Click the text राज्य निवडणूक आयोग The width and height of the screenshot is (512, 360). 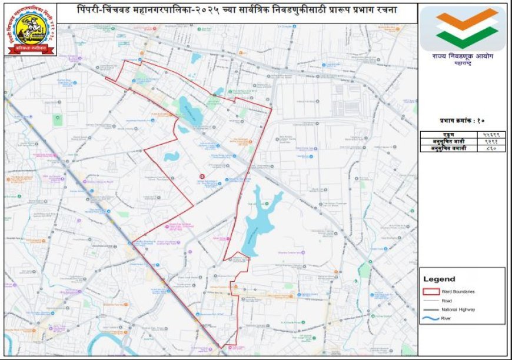click(463, 56)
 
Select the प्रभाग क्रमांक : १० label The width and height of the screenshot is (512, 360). click(462, 121)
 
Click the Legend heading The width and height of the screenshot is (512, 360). click(439, 279)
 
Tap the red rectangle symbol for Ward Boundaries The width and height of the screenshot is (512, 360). click(431, 291)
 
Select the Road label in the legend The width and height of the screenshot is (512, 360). click(446, 300)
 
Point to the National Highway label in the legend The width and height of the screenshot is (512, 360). click(458, 309)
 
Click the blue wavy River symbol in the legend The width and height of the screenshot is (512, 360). click(431, 318)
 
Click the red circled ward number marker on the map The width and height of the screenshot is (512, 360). click(202, 176)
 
